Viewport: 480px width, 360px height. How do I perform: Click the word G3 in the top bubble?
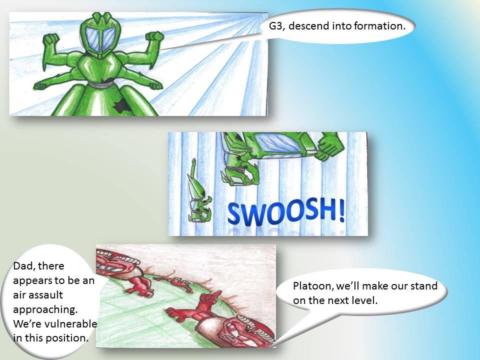point(276,25)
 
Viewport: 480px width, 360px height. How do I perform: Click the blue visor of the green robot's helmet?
point(100,39)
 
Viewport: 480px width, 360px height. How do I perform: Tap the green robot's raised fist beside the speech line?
point(155,37)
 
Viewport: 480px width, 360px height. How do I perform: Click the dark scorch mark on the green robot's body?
point(120,104)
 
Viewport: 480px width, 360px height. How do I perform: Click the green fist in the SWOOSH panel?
point(330,147)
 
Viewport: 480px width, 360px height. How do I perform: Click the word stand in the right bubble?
point(423,286)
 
